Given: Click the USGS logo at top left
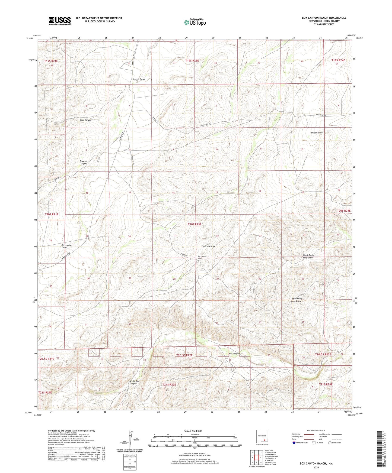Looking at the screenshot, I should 60,21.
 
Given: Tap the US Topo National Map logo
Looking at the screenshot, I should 195,22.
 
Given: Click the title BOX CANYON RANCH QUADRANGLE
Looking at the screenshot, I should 324,18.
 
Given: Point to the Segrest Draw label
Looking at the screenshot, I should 139,79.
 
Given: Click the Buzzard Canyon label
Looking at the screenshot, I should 83,162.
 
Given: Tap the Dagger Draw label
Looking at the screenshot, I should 317,133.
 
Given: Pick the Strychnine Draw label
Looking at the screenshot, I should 67,246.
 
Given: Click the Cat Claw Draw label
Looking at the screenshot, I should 208,247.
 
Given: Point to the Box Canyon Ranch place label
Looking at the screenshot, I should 202,257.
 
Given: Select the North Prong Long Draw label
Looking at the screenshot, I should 308,256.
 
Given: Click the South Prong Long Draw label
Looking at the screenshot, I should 297,300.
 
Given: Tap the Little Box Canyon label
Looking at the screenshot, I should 134,382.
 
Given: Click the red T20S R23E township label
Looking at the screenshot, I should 195,224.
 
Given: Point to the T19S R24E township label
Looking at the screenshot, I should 338,60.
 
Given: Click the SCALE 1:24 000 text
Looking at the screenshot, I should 195,431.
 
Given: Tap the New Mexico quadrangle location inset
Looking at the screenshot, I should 262,438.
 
